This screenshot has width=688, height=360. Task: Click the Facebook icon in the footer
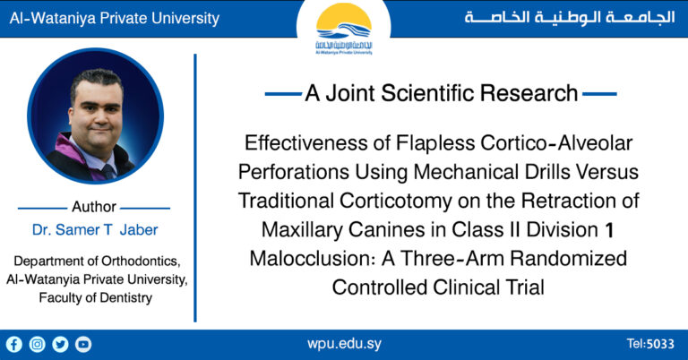(13, 344)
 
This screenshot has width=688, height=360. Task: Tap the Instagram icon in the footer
(37, 344)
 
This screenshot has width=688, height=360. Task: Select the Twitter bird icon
(60, 344)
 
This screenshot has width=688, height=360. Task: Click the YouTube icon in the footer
(83, 344)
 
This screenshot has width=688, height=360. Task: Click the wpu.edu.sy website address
(344, 344)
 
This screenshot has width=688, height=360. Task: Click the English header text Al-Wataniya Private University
(114, 18)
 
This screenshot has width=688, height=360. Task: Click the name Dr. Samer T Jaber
(94, 229)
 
